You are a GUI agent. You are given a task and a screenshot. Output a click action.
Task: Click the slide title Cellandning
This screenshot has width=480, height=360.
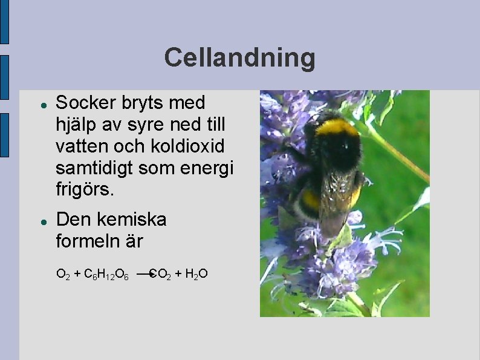[x=239, y=58]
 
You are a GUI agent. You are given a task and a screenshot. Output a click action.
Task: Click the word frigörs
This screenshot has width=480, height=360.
[x=84, y=190]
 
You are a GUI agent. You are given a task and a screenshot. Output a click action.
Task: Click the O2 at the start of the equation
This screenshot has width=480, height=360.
[x=62, y=275]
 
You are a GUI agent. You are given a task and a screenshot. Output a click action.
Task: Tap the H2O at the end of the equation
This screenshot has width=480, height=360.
[x=196, y=275]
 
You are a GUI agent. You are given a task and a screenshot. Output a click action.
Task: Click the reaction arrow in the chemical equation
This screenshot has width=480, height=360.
[x=143, y=274]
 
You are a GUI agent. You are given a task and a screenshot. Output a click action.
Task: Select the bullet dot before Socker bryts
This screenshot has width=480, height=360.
[x=44, y=104]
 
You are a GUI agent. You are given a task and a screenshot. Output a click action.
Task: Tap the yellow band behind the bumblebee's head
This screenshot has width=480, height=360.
[x=336, y=126]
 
